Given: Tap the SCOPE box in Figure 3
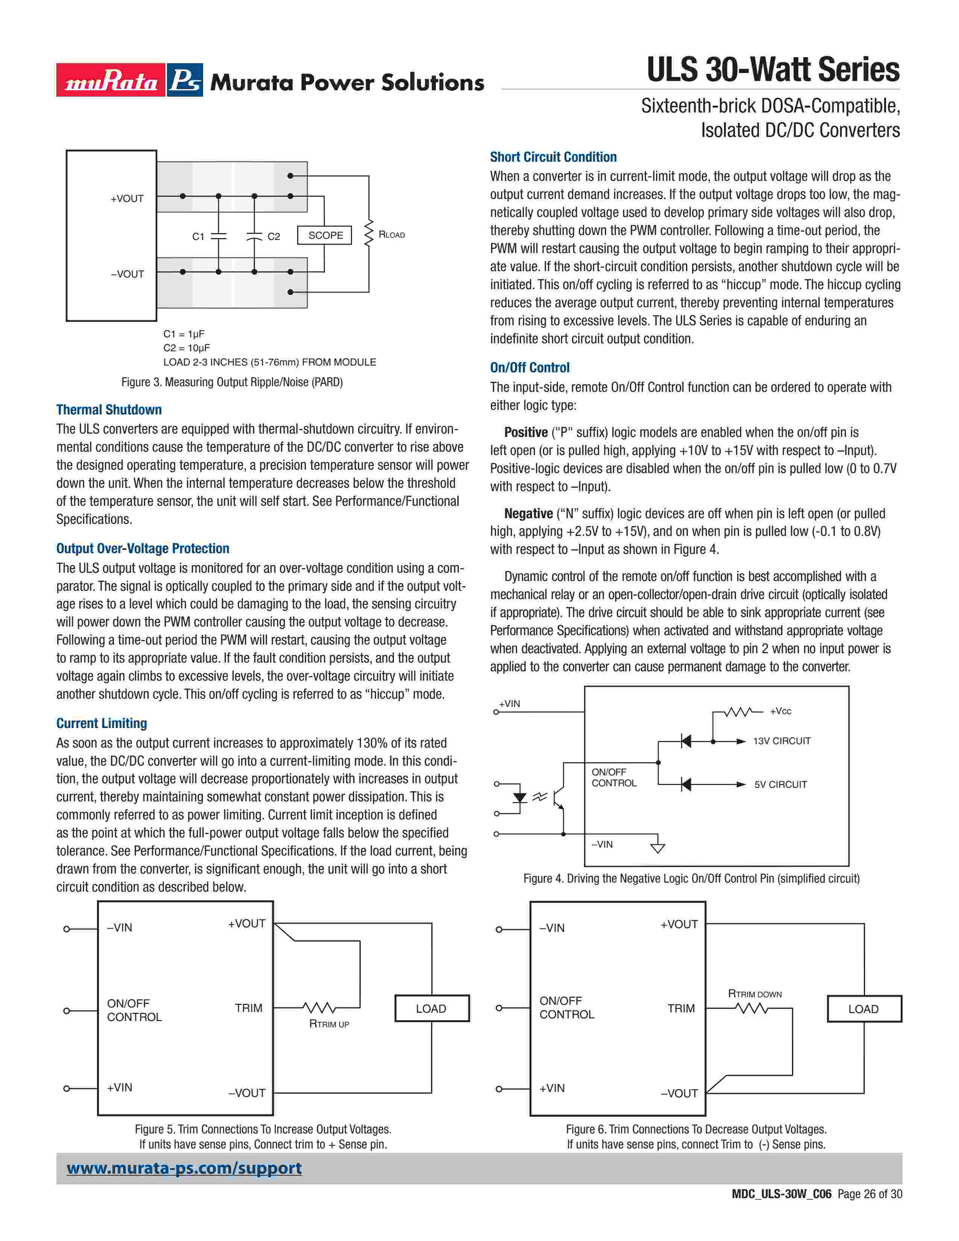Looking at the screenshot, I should click(x=325, y=235).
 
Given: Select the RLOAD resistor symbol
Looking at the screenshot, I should click(x=368, y=234).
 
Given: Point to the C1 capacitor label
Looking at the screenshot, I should click(x=198, y=237).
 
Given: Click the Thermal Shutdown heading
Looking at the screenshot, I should click(x=109, y=410).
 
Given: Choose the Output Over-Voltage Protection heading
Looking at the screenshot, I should click(x=143, y=548).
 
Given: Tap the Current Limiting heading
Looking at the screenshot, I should click(x=101, y=723).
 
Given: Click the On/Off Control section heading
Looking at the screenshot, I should click(x=530, y=368).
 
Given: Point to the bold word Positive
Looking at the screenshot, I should click(x=525, y=432).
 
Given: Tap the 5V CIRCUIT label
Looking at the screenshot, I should click(x=780, y=785).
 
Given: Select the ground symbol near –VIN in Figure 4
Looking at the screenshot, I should click(x=657, y=848).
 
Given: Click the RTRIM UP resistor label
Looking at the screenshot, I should click(x=329, y=1024).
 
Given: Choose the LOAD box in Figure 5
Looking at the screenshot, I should click(x=431, y=1009).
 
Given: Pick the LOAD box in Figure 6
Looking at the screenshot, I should click(x=863, y=1009).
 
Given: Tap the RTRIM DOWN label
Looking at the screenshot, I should click(x=754, y=994).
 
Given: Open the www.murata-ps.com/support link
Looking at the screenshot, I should click(x=184, y=1168).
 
